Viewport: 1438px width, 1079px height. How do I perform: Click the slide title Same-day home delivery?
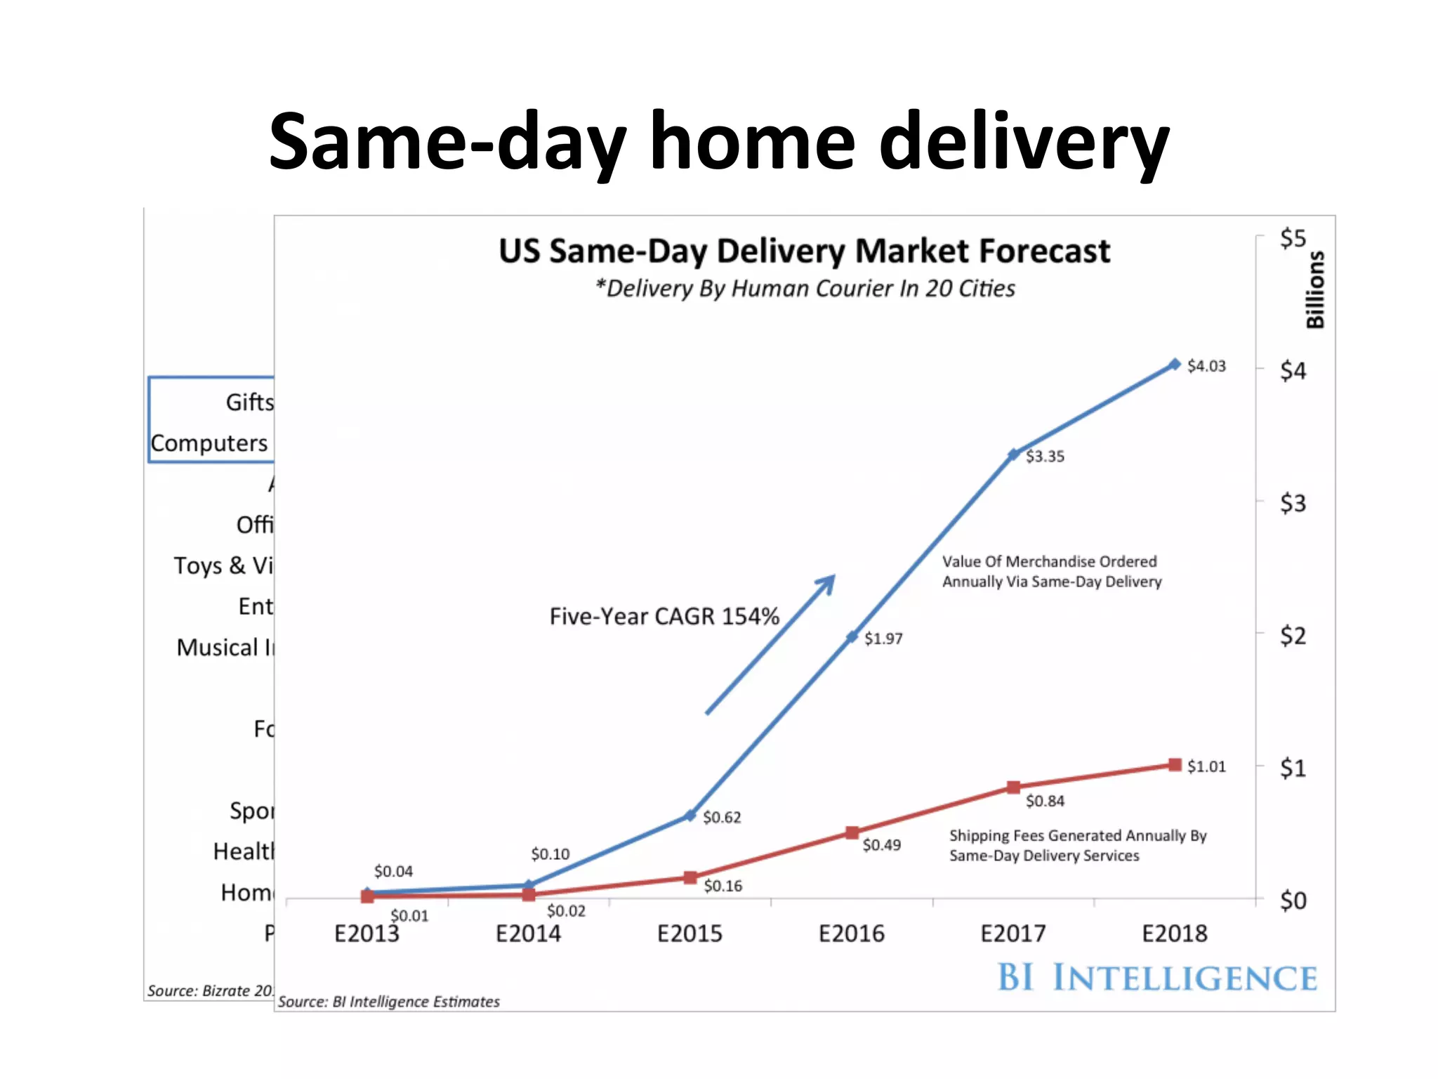[x=718, y=143]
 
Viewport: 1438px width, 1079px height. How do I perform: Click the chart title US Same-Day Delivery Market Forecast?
[x=804, y=251]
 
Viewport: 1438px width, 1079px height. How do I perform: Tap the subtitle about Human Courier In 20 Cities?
[x=805, y=289]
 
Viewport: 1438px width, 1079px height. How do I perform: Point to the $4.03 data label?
[x=1206, y=366]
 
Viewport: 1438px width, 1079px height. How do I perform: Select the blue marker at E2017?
[x=1013, y=455]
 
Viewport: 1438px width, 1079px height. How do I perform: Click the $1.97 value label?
[x=883, y=639]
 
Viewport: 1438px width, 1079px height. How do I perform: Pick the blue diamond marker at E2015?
[x=690, y=816]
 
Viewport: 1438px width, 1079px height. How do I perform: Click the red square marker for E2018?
[x=1175, y=765]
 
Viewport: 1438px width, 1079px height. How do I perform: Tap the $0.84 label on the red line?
[x=1044, y=802]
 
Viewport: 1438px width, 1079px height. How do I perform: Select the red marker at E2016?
[x=852, y=833]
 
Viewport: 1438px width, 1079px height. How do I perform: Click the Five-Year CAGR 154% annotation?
[x=664, y=617]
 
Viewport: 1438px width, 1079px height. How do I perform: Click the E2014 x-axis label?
[x=528, y=934]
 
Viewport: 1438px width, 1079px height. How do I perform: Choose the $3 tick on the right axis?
[x=1292, y=503]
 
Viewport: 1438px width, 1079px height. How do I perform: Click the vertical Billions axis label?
[x=1314, y=289]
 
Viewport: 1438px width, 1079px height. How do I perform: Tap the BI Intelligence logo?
[x=1156, y=978]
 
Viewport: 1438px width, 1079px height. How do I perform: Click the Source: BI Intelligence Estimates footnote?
[x=388, y=1002]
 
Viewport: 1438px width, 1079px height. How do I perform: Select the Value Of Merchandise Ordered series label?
[x=1051, y=571]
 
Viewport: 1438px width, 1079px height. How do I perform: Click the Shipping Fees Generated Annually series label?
[x=1077, y=846]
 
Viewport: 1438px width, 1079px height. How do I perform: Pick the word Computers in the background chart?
[x=209, y=443]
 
